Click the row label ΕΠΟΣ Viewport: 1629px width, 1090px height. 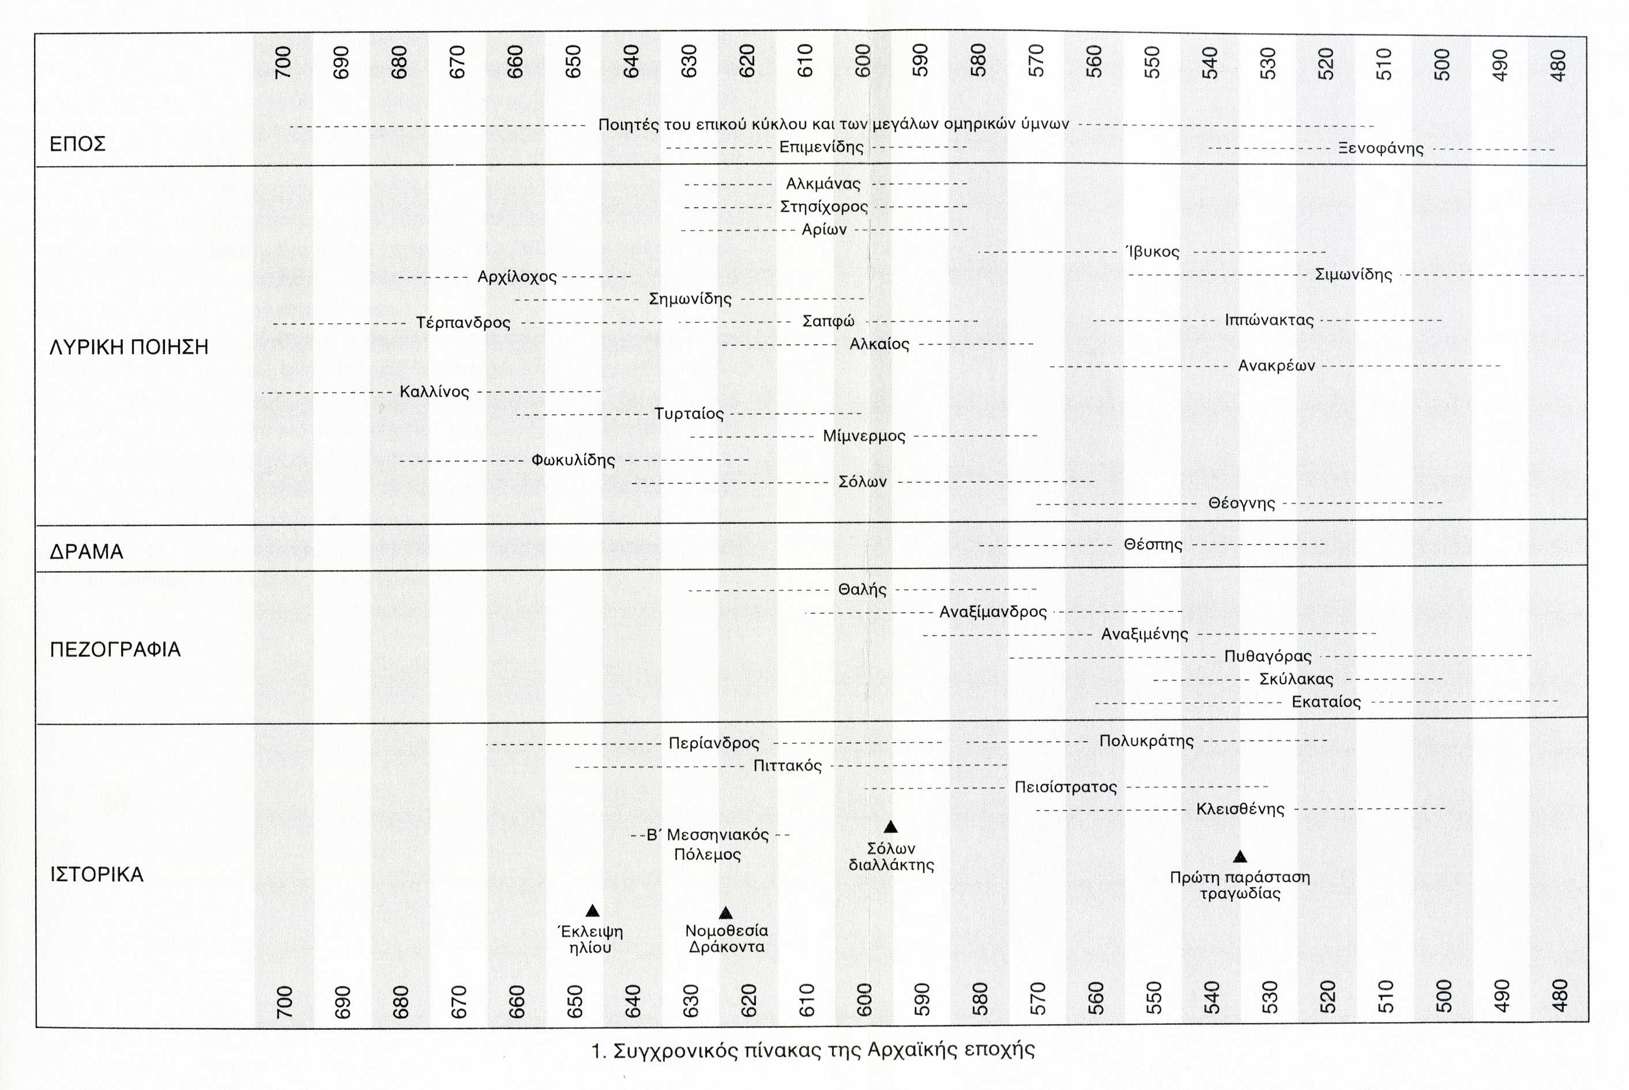[x=77, y=145]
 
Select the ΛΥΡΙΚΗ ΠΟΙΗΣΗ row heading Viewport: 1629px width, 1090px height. [x=129, y=347]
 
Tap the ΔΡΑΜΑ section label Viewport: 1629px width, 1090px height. [x=86, y=552]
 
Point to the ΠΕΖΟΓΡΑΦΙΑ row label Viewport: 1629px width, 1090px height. [x=115, y=650]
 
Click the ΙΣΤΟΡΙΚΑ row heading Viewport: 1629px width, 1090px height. [x=97, y=874]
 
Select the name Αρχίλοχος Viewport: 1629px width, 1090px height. [x=517, y=277]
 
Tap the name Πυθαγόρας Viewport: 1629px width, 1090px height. [x=1267, y=656]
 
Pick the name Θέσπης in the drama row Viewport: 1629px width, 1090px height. [x=1153, y=544]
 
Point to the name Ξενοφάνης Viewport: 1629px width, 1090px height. [x=1381, y=149]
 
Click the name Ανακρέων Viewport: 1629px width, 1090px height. [x=1277, y=366]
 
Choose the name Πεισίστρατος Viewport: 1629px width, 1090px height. [x=1066, y=787]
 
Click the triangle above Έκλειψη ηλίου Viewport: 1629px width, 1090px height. [x=592, y=911]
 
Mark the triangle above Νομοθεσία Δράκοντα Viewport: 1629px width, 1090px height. [x=725, y=913]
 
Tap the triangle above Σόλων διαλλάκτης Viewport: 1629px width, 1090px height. [x=890, y=827]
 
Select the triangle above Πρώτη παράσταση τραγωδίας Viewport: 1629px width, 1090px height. [x=1240, y=856]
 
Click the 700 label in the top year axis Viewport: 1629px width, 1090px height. [x=283, y=62]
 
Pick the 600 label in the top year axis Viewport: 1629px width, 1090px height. [x=863, y=61]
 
